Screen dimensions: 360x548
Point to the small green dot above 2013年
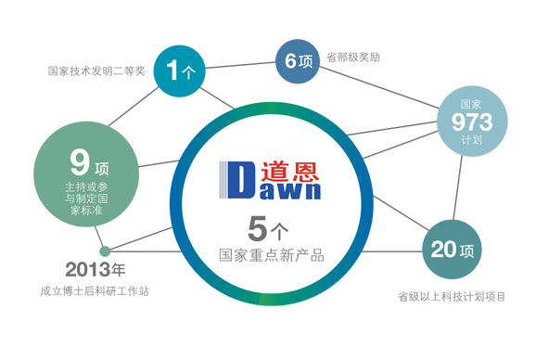point(105,250)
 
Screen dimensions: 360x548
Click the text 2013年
point(95,271)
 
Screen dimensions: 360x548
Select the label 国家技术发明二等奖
point(96,71)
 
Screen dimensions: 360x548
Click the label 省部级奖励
point(354,57)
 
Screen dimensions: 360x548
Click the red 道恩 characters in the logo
point(289,172)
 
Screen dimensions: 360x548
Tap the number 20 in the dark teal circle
point(443,249)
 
